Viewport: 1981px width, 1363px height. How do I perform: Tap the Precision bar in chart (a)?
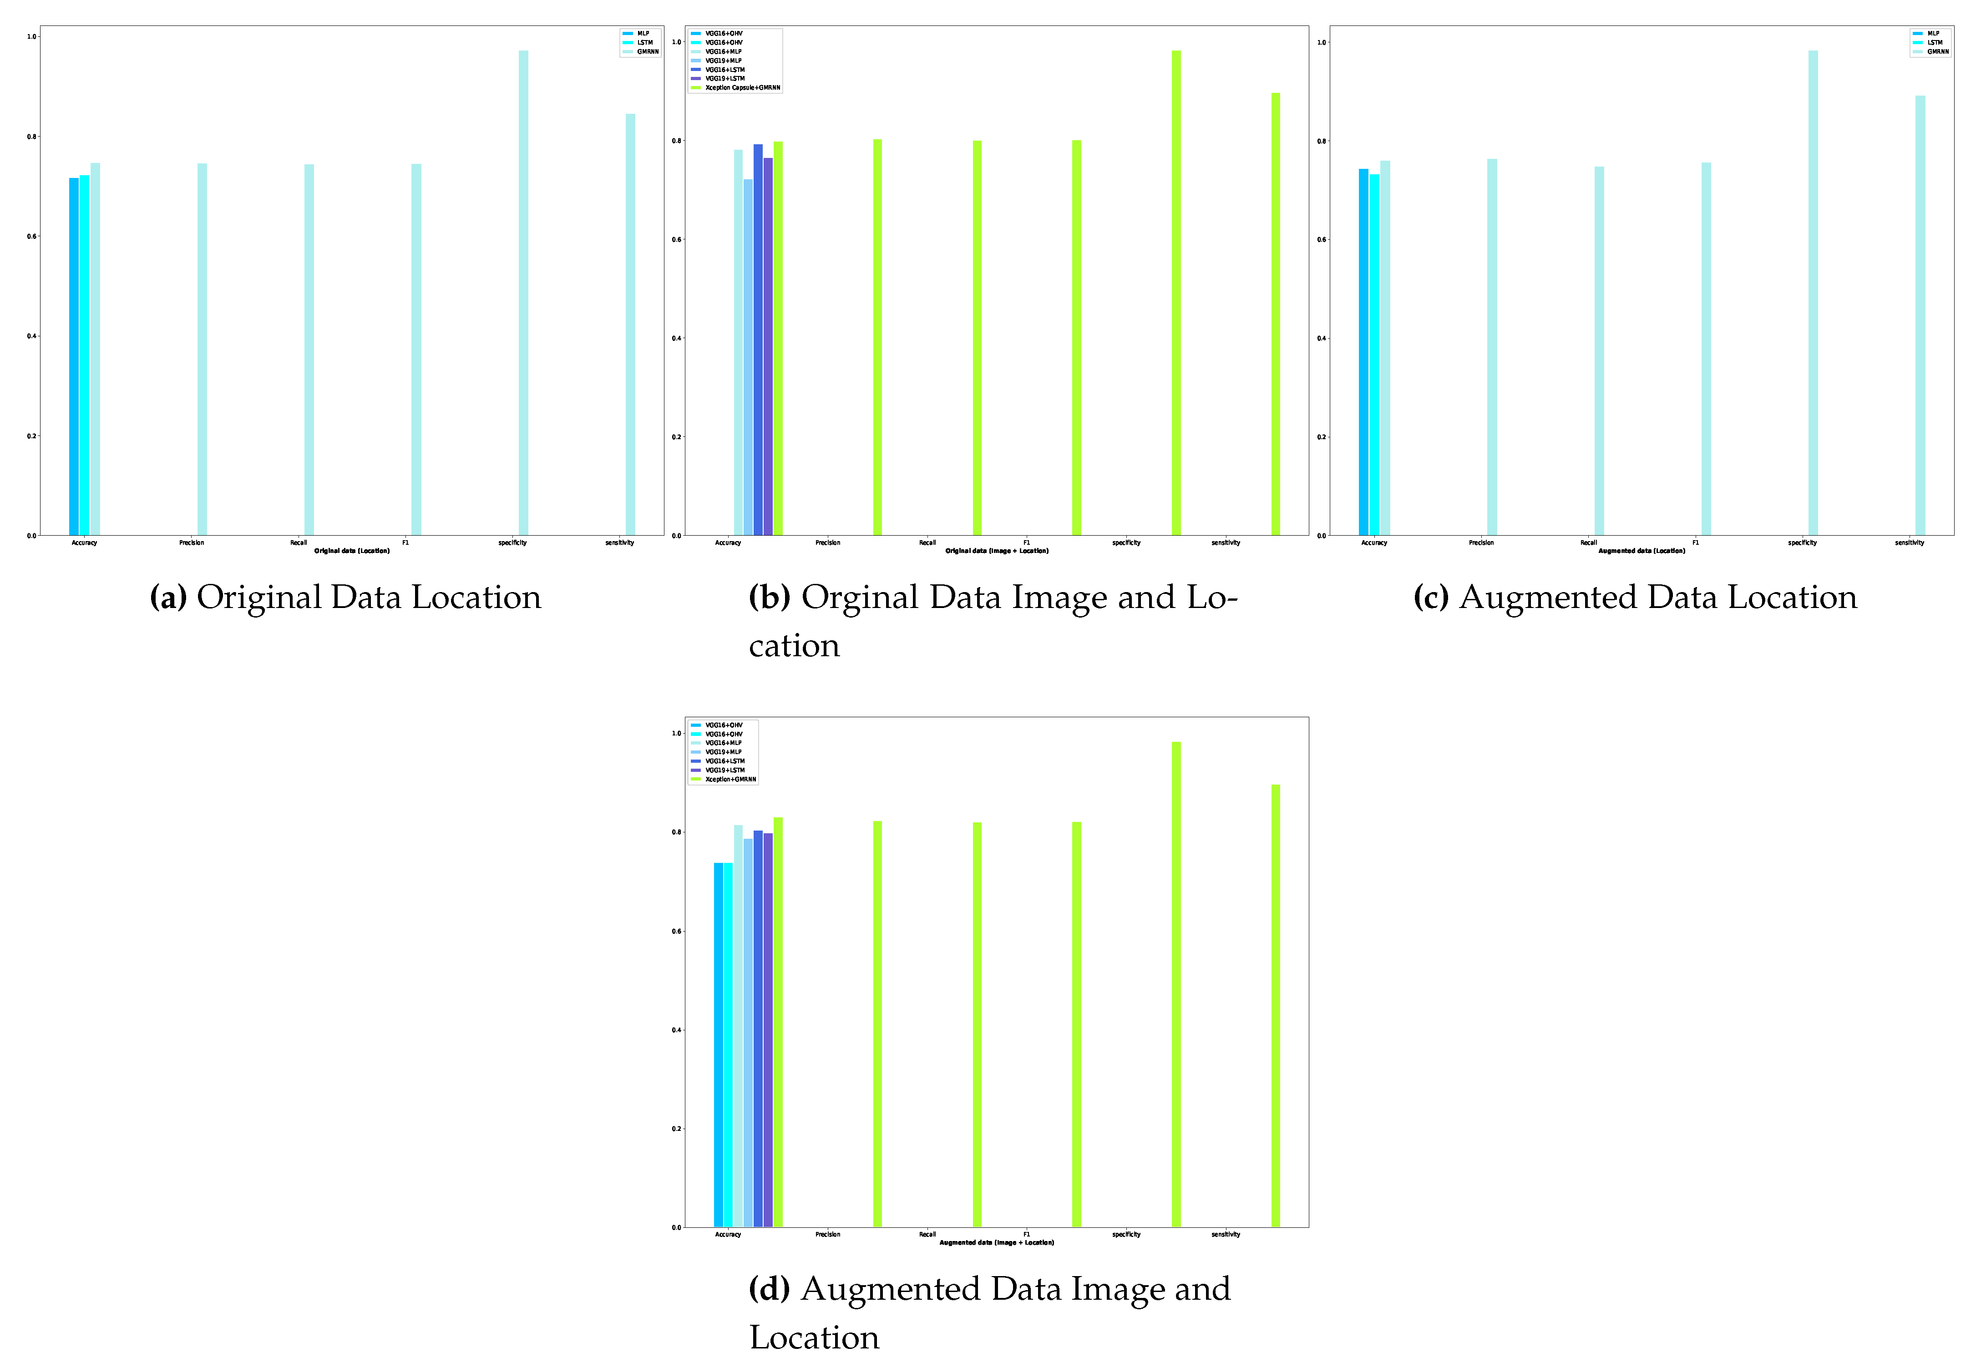[203, 350]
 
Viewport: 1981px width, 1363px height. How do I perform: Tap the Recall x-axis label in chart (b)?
[927, 543]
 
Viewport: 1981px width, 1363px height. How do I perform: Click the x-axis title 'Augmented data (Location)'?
[1641, 551]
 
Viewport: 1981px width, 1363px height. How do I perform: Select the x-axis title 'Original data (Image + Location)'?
[997, 551]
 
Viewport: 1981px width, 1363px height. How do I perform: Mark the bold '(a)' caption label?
[168, 597]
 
